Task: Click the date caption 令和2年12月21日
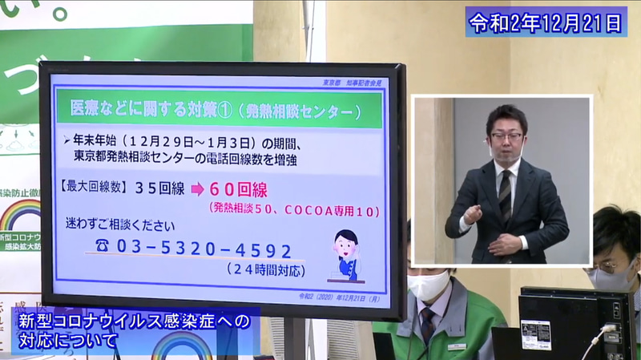(546, 22)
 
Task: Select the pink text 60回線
(238, 190)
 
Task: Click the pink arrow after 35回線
(195, 191)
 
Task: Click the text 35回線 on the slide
(162, 190)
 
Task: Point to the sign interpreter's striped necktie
(505, 196)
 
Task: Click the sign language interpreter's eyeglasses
(506, 136)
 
